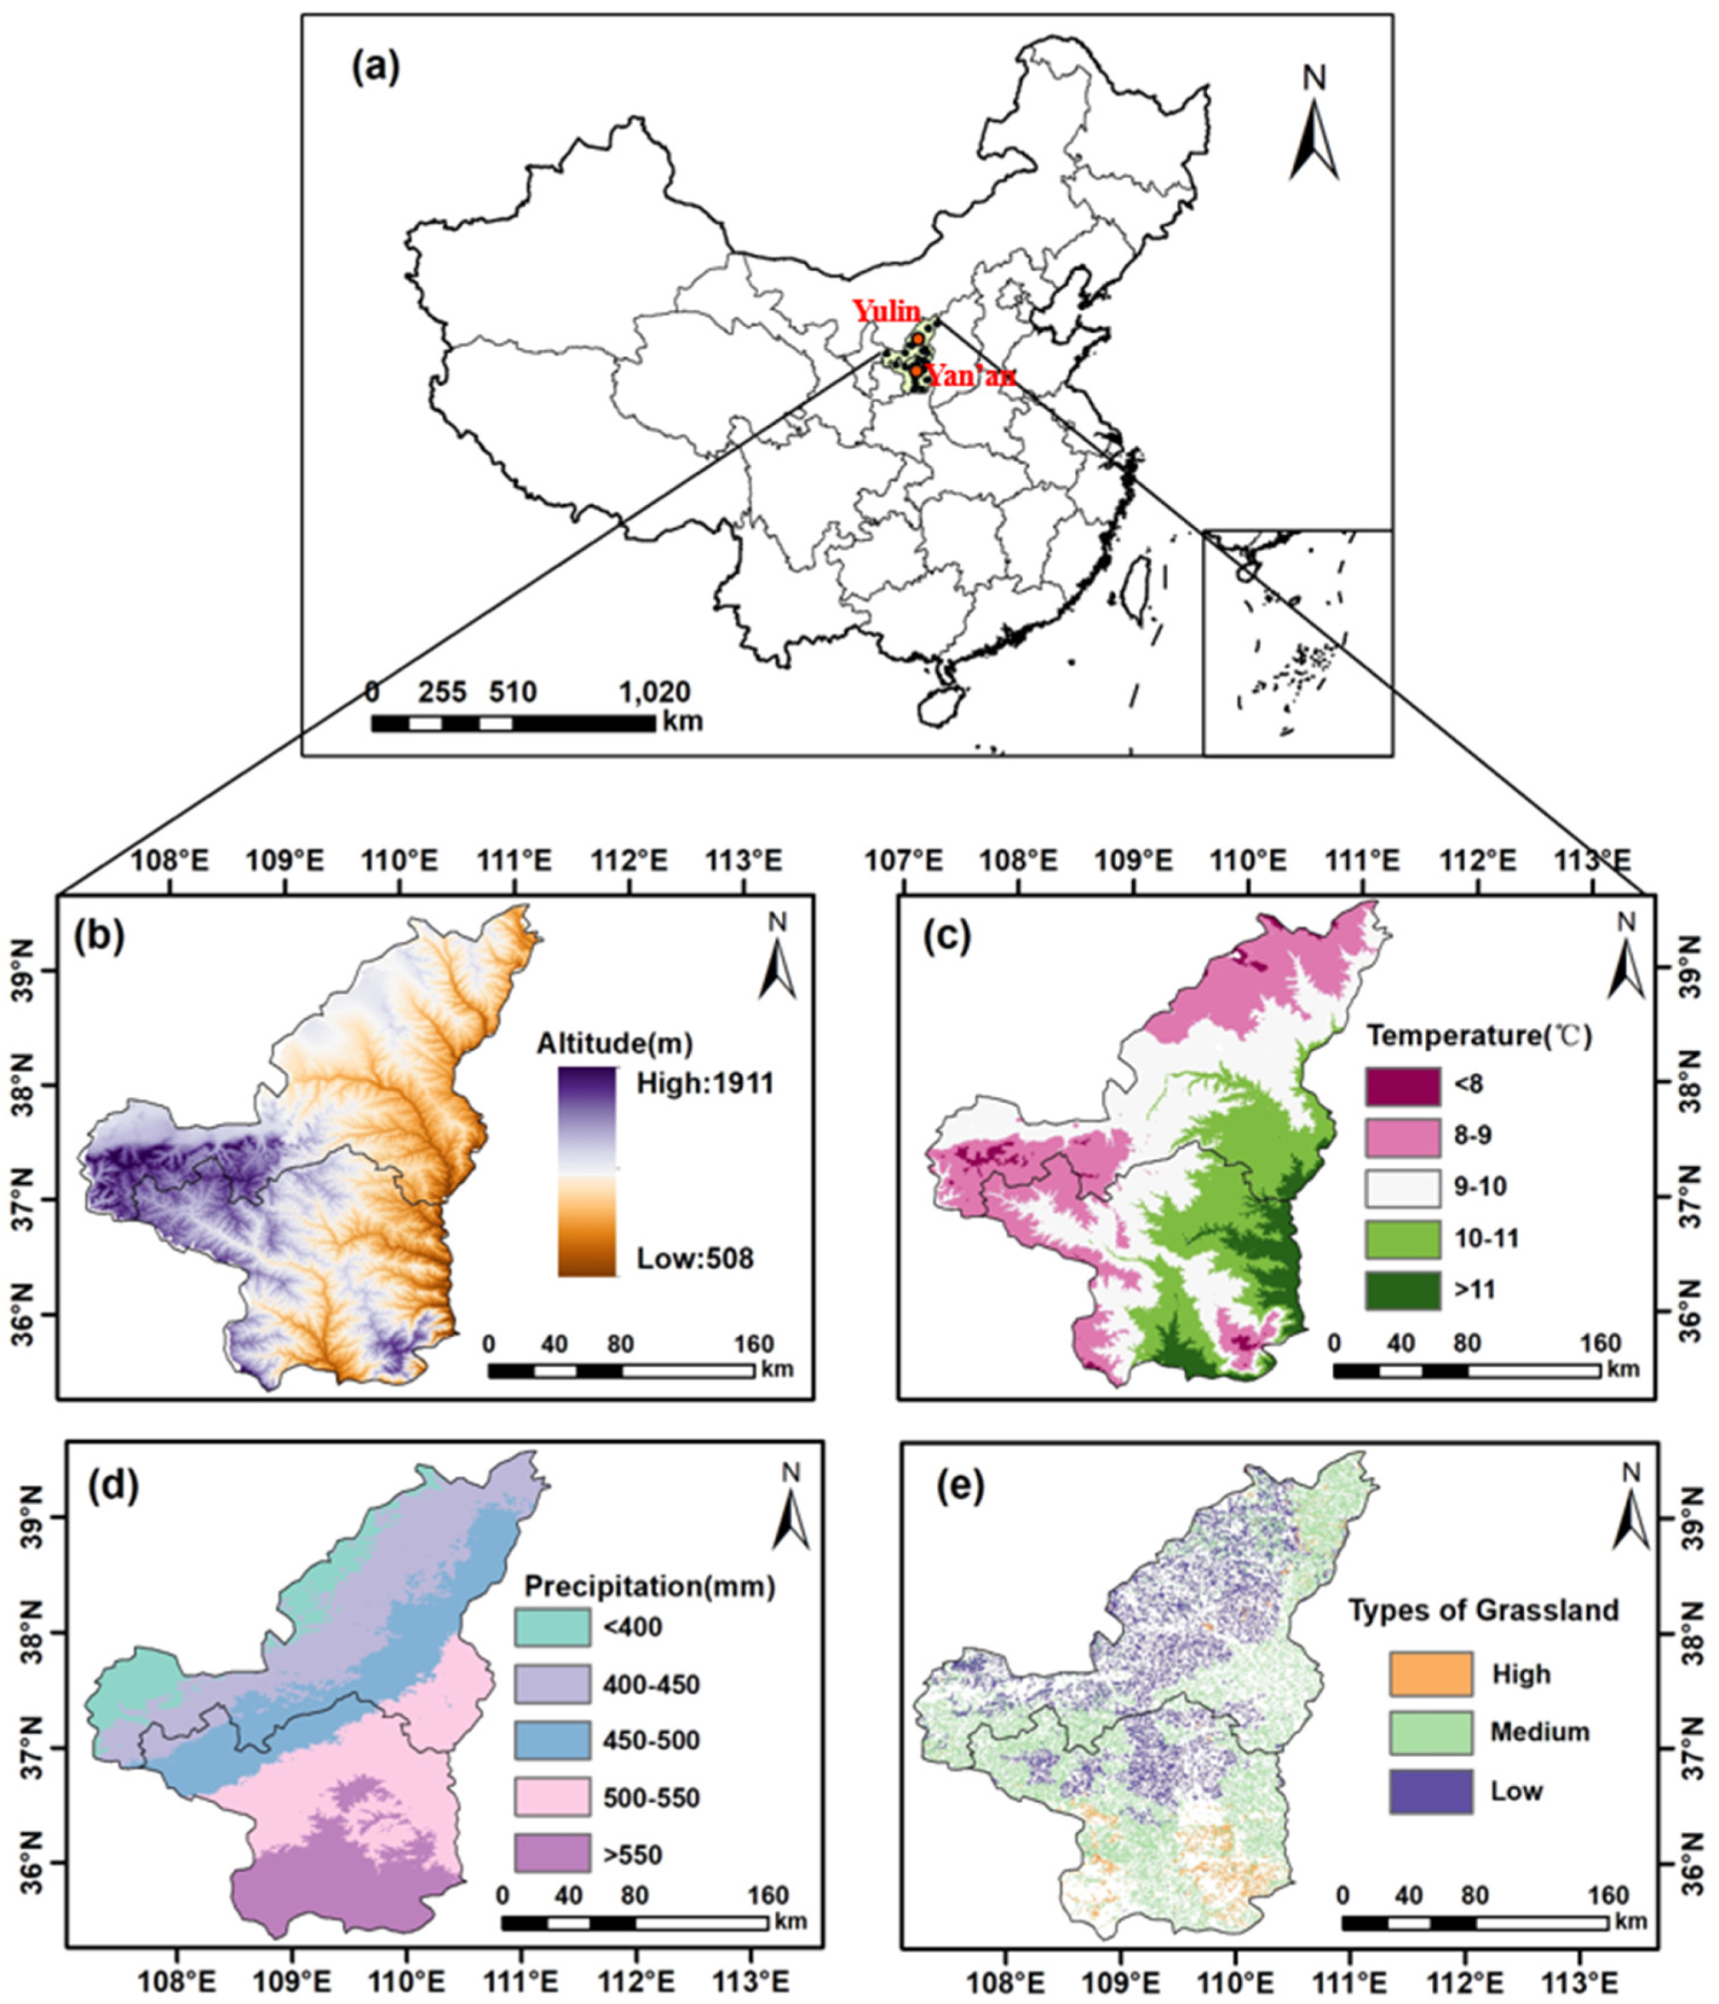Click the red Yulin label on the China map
(885, 311)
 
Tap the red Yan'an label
(970, 376)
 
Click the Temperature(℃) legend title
(1478, 1036)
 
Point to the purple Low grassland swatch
(1431, 1791)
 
